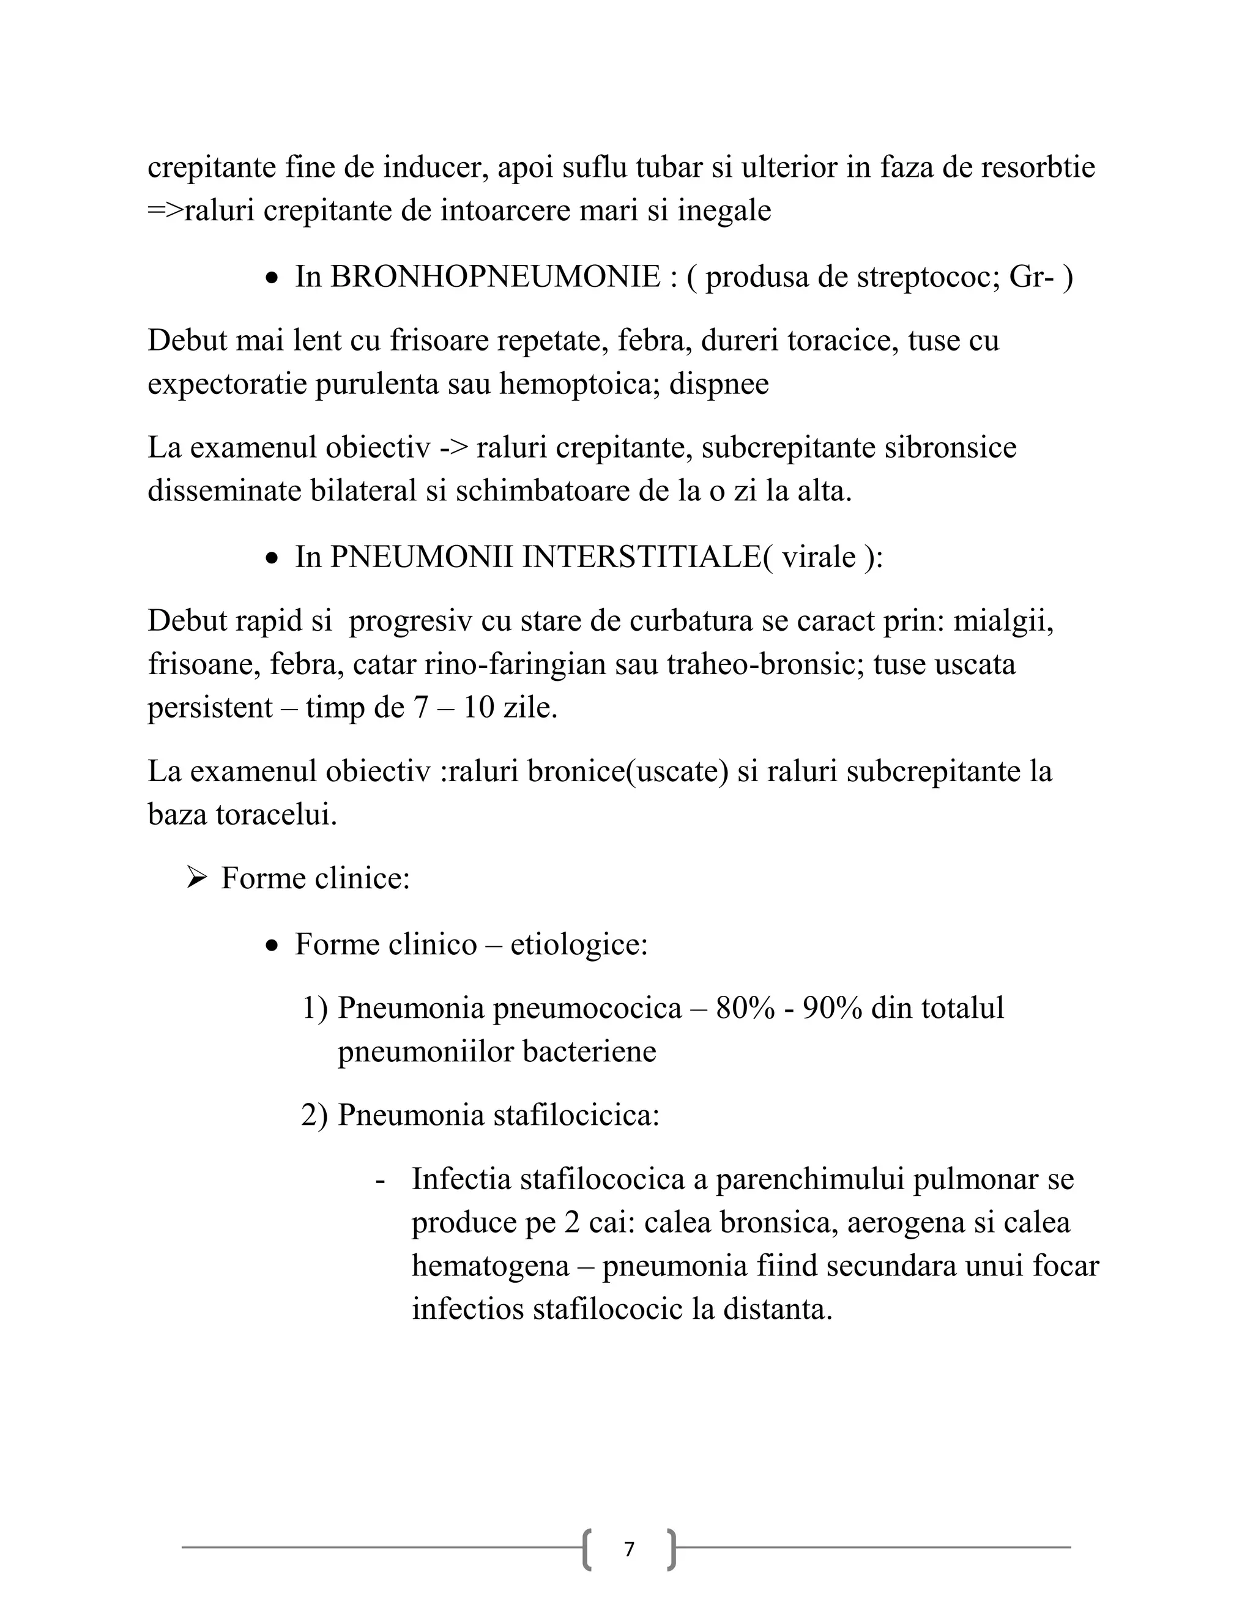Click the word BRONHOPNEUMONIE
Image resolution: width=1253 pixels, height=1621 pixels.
(x=495, y=278)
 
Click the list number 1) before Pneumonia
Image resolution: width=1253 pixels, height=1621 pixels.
(x=314, y=1009)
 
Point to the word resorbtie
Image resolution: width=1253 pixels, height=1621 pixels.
(x=1038, y=168)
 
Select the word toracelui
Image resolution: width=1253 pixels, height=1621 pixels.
(x=276, y=815)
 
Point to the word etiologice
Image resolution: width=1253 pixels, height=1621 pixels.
(x=579, y=945)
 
